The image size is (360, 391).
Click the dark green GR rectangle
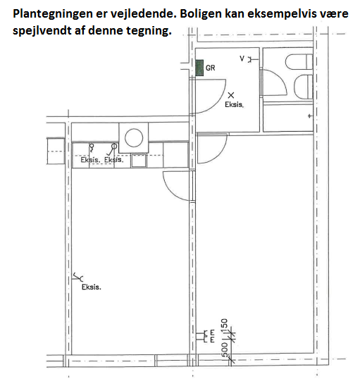199,68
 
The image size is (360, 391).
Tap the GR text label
211,68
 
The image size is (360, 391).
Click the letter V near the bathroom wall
242,58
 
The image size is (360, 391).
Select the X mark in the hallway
231,95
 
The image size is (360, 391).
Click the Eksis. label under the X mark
234,104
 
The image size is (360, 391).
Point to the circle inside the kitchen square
134,137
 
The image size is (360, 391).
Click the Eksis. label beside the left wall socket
92,287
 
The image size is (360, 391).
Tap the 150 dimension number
224,324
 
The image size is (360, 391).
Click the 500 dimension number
224,349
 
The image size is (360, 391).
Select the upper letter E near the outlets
213,333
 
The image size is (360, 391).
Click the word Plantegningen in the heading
53,14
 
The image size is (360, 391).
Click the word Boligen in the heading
201,14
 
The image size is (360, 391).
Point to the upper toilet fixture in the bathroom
299,62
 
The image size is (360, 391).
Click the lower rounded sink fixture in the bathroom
303,86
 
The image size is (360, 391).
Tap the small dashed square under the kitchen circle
138,160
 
